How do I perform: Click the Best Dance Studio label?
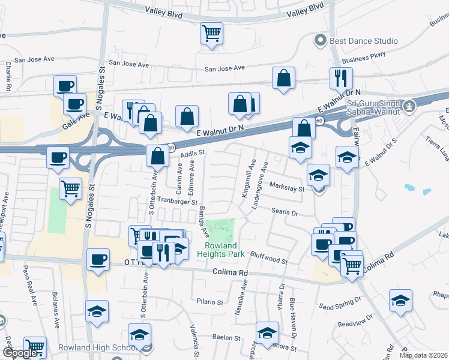tap(364, 41)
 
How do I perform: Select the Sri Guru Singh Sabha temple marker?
tap(410, 107)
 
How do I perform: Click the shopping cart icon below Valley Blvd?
tap(211, 34)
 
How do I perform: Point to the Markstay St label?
tap(287, 188)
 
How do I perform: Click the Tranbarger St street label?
tap(178, 202)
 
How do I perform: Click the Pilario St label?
tap(209, 301)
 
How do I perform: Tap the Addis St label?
tap(193, 154)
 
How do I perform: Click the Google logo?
tap(21, 353)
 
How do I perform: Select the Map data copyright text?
tap(423, 355)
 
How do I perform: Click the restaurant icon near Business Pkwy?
tap(340, 77)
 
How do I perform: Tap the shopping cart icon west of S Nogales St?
tap(71, 189)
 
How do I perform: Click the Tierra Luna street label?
tap(436, 153)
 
